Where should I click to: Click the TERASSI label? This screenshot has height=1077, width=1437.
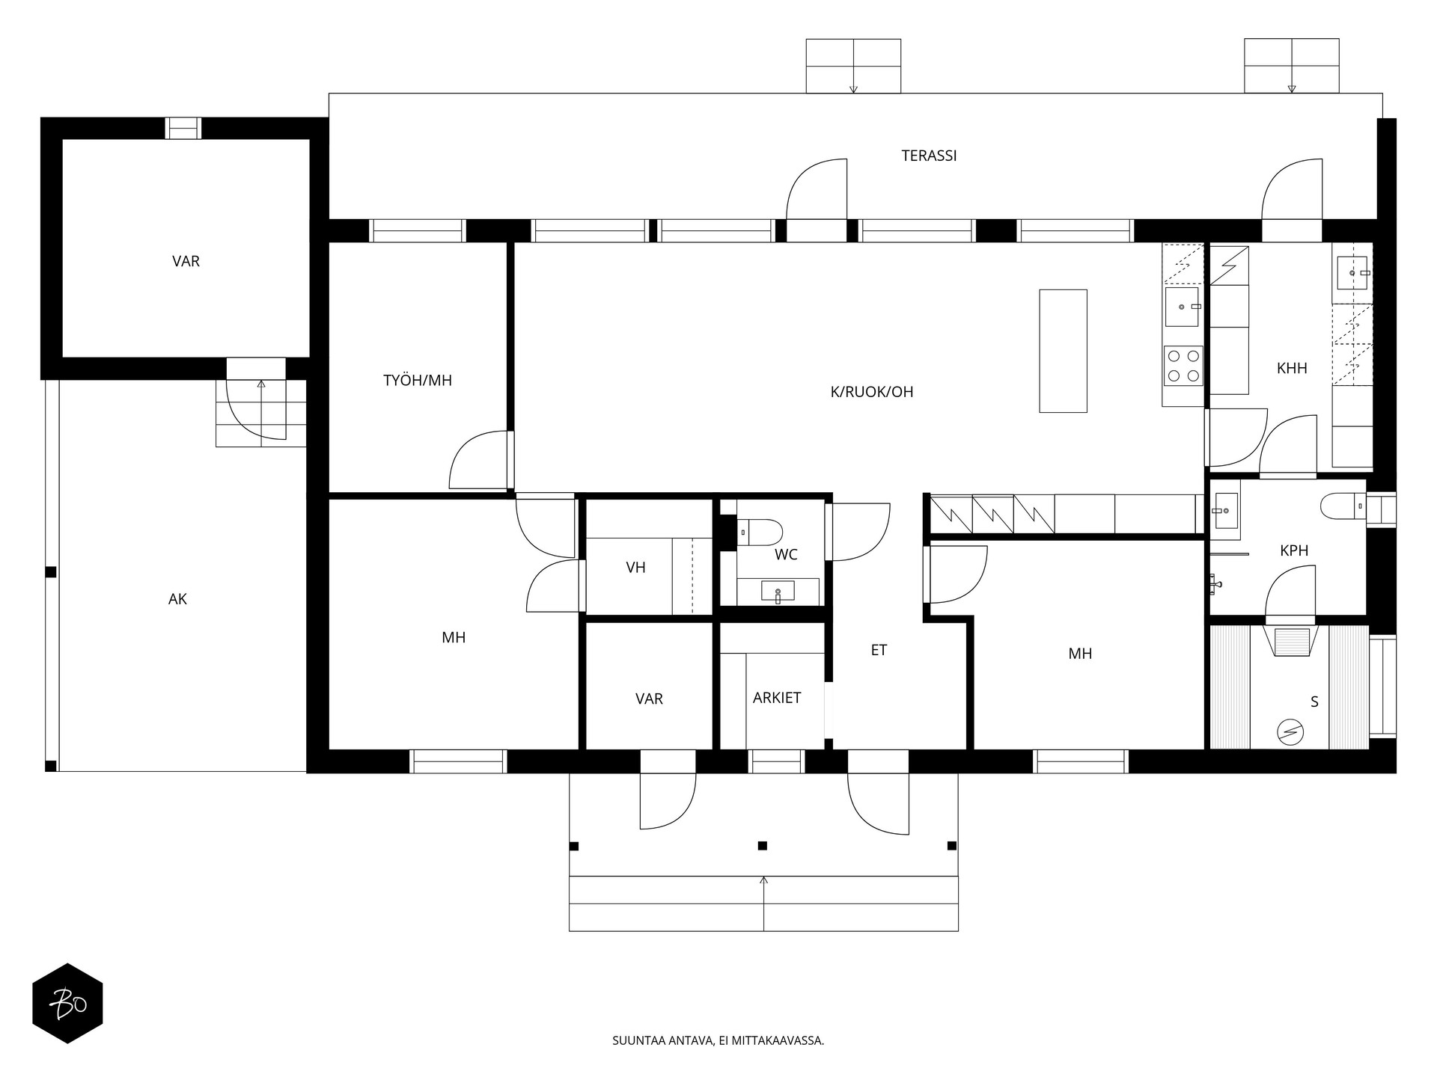(929, 156)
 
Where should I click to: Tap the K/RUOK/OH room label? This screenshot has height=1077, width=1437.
(872, 392)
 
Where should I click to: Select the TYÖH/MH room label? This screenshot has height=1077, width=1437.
(418, 380)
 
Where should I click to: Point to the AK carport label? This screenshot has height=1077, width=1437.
(177, 599)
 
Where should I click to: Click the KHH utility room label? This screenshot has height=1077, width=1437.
(1292, 368)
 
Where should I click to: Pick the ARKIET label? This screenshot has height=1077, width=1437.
(777, 698)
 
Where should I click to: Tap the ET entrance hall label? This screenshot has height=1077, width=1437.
(879, 651)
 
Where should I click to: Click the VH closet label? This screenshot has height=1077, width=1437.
(635, 568)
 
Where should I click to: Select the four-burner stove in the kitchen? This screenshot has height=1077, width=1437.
(1183, 366)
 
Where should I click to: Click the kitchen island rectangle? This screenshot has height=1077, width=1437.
(1063, 351)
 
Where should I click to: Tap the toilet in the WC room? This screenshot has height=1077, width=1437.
(760, 533)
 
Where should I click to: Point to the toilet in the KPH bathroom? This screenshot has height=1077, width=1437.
(1343, 506)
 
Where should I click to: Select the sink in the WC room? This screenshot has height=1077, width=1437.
(778, 592)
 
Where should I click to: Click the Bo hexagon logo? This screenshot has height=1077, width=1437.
(67, 1003)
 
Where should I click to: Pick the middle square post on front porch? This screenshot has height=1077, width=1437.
(763, 846)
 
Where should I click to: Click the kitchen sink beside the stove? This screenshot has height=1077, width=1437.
(1182, 307)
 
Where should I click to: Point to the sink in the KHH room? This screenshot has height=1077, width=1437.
(1352, 273)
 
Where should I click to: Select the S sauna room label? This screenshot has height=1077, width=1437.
(1314, 702)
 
